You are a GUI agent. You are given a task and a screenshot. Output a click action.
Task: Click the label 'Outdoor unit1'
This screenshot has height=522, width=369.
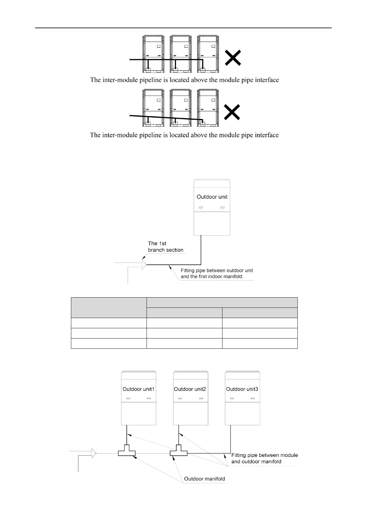click(138, 389)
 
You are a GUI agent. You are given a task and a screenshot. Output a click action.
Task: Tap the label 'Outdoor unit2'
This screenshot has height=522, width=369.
click(190, 389)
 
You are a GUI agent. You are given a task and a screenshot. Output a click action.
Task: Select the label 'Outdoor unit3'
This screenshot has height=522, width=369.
click(242, 389)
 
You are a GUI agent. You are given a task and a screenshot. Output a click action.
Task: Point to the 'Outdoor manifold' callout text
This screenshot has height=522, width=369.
click(204, 479)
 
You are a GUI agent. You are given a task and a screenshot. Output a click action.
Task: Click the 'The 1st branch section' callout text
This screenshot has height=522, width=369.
click(165, 247)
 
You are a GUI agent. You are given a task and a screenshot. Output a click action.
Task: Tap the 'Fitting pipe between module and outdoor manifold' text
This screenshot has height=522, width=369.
click(264, 458)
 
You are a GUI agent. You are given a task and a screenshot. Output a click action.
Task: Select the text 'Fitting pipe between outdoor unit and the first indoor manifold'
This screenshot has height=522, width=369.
click(217, 273)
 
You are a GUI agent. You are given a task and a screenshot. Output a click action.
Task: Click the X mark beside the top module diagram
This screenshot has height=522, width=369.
click(233, 58)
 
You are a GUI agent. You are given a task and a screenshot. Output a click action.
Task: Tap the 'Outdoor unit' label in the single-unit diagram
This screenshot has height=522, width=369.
click(212, 197)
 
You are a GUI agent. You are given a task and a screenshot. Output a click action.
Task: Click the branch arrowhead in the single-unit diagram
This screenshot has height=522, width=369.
click(144, 264)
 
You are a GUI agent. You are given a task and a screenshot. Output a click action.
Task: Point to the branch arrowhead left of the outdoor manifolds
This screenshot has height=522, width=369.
click(94, 453)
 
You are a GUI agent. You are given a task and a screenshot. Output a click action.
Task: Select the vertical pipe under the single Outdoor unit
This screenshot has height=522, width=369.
click(201, 250)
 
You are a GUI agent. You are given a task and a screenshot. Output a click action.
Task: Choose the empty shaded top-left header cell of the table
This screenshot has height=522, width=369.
click(109, 307)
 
